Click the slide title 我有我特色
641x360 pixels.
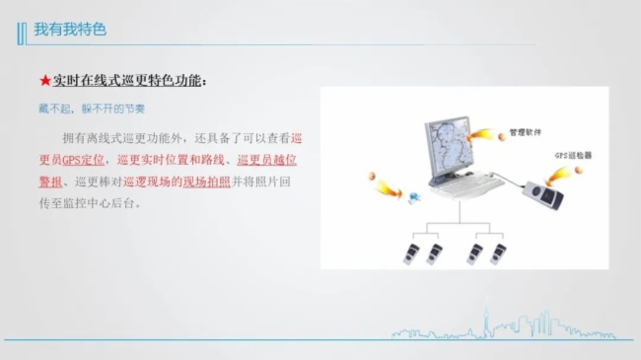click(70, 30)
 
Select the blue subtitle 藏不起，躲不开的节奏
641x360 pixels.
click(84, 107)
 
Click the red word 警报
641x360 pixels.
click(49, 181)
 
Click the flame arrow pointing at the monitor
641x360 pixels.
click(484, 132)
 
